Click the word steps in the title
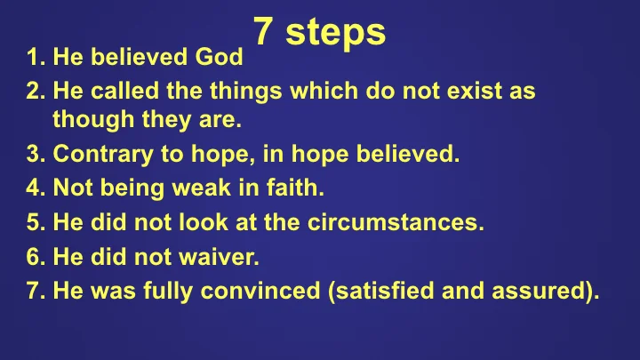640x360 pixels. [x=342, y=32]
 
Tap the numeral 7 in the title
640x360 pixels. [x=263, y=32]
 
